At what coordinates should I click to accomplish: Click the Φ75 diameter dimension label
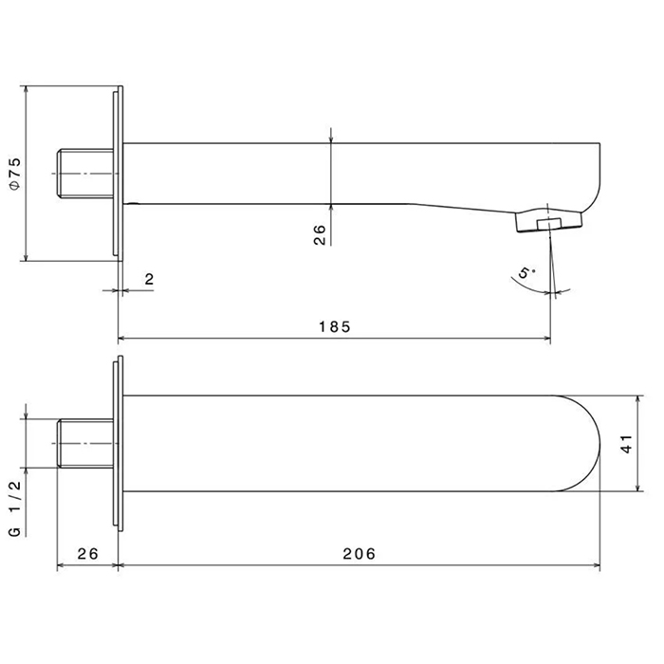click(15, 174)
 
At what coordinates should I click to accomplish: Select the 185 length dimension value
click(335, 327)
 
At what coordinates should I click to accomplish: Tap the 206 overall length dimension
click(360, 553)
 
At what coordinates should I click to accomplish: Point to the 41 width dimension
click(627, 444)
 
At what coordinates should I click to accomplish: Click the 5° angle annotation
click(526, 272)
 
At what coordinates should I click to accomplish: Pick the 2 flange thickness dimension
click(149, 279)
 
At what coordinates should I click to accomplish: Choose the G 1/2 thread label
click(15, 509)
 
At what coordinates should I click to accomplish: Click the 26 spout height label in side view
click(320, 234)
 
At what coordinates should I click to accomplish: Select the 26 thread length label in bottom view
click(87, 553)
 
